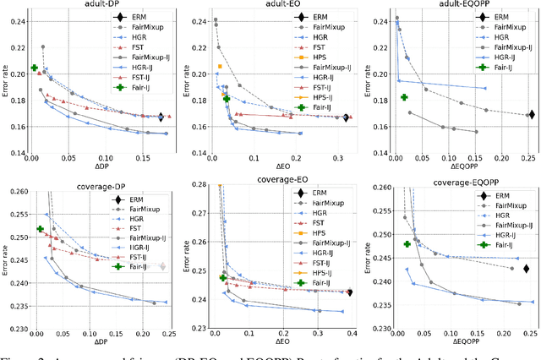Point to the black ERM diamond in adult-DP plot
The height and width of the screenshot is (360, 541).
[161, 117]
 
